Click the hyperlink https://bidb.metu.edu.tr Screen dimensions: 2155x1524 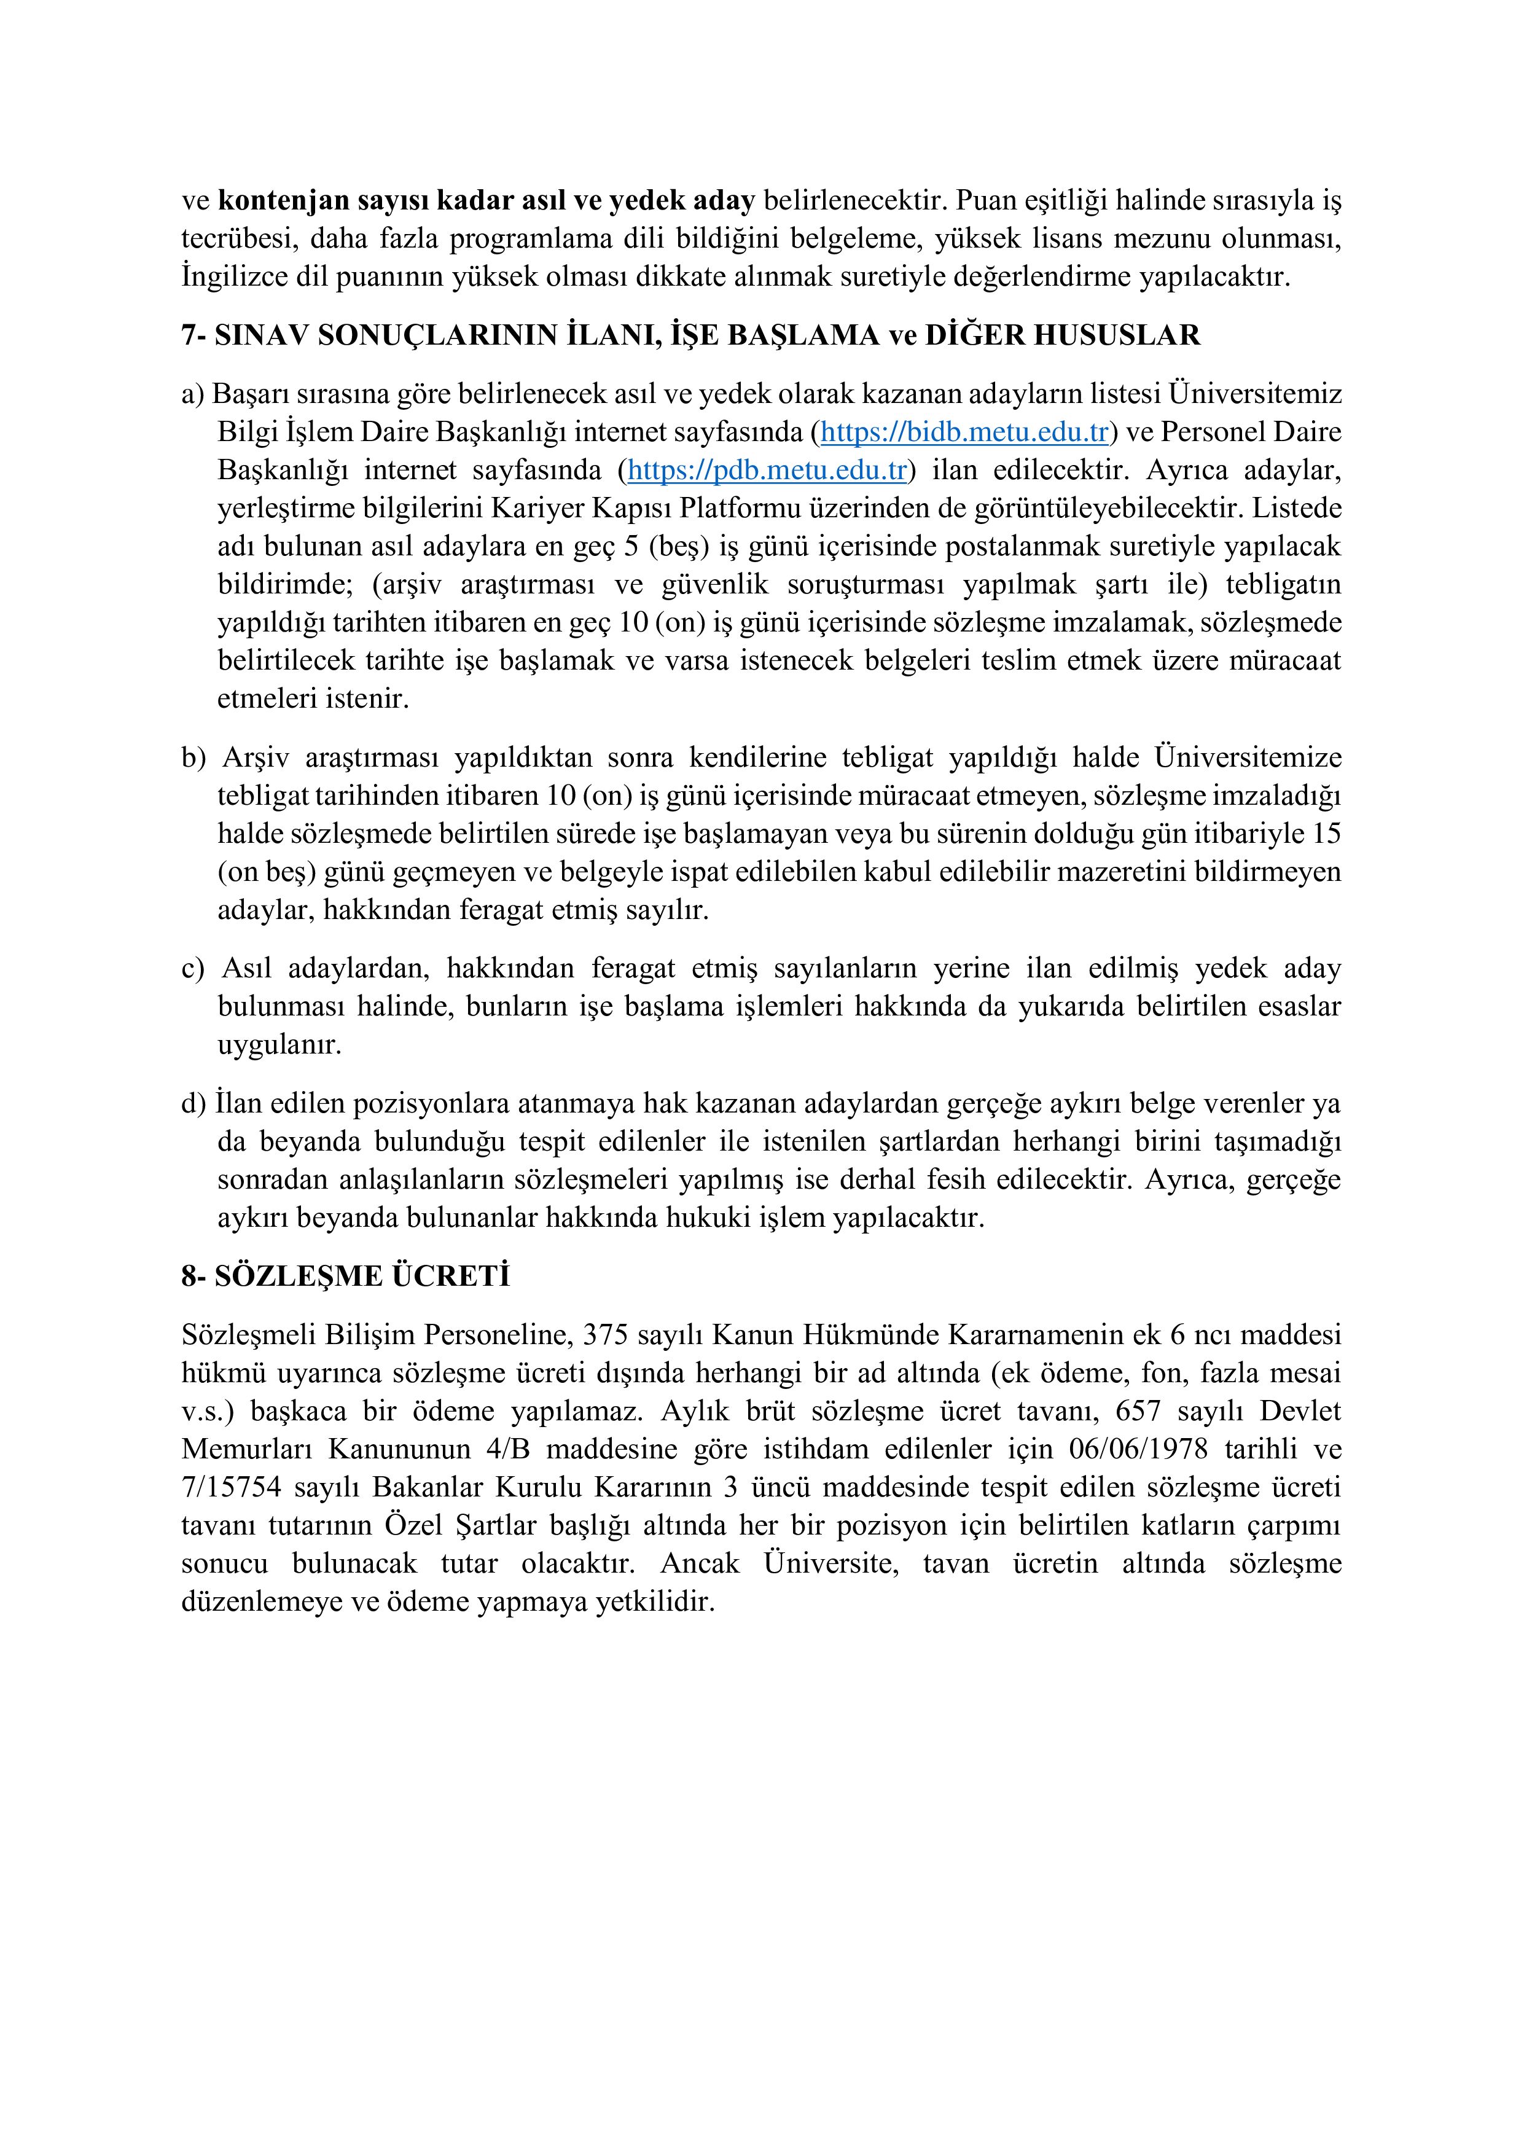click(964, 432)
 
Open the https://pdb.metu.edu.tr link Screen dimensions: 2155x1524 click(766, 470)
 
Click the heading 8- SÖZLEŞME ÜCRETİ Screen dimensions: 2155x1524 click(345, 1277)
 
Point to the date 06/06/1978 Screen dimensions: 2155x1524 click(1138, 1449)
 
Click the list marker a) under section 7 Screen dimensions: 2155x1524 click(192, 394)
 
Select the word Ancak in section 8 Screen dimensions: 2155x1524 click(700, 1563)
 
